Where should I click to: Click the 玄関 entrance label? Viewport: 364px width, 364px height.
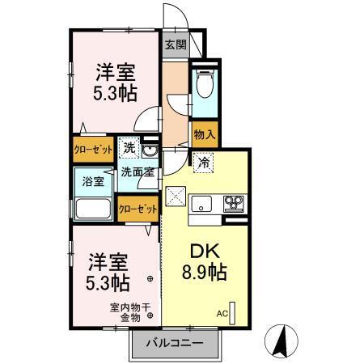(174, 45)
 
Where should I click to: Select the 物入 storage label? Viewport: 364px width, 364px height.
(203, 135)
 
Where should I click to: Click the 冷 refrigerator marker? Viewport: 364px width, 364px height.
(204, 163)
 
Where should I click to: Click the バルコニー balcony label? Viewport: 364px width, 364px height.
(174, 342)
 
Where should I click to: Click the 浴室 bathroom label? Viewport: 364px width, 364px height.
(93, 180)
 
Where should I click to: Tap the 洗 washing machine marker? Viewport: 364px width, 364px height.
(129, 149)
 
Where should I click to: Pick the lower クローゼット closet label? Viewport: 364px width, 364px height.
(138, 209)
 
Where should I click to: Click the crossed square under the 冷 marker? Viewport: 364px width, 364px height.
(176, 196)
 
